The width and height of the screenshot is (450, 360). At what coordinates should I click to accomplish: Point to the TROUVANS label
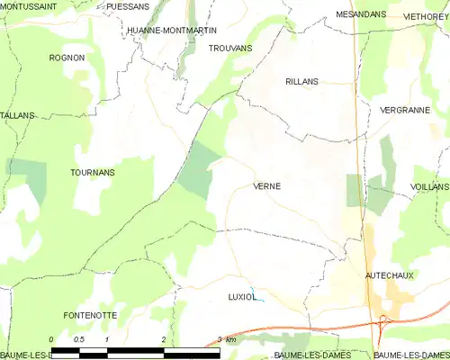(229, 47)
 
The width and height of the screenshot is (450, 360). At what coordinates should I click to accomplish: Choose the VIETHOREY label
(426, 15)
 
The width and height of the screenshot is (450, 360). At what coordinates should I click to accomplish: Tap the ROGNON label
(68, 58)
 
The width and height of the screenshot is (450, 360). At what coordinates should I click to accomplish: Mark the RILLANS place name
(301, 81)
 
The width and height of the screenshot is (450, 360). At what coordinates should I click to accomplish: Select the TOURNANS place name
(92, 171)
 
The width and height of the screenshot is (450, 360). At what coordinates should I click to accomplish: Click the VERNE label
(266, 186)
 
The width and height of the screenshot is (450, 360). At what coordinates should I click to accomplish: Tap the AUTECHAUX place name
(390, 274)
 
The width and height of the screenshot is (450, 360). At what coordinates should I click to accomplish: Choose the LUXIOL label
(242, 295)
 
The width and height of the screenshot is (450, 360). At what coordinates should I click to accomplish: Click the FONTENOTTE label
(90, 315)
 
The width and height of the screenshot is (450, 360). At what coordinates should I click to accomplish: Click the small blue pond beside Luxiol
(257, 301)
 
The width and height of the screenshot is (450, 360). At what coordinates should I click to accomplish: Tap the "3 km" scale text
(227, 339)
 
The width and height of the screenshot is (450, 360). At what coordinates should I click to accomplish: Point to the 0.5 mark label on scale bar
(78, 339)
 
